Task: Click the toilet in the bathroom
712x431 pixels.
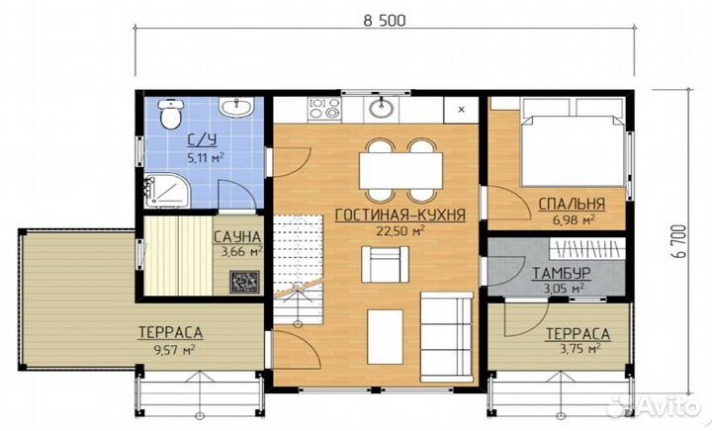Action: point(171,114)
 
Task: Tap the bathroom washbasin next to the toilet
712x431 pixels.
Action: point(236,107)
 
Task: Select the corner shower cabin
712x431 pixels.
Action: point(166,190)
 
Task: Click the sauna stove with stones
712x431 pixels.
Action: point(244,282)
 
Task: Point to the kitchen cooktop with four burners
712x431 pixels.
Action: point(324,109)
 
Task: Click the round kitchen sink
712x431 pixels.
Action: point(381,108)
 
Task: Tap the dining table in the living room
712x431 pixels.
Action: point(400,171)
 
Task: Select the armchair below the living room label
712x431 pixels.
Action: point(385,264)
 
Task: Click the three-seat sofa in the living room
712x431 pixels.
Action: point(447,337)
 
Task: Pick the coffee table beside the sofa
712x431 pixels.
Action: point(385,337)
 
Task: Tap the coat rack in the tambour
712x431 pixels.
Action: point(586,249)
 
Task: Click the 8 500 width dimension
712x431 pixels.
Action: point(385,21)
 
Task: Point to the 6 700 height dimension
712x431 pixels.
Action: point(678,241)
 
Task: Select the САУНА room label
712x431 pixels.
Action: point(237,237)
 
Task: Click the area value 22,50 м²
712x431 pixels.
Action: point(400,231)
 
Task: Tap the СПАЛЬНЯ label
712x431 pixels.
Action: point(572,205)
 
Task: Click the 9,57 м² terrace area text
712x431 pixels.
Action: point(170,350)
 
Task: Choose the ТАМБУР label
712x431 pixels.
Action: point(562,273)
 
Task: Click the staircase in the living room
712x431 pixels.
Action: point(298,270)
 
